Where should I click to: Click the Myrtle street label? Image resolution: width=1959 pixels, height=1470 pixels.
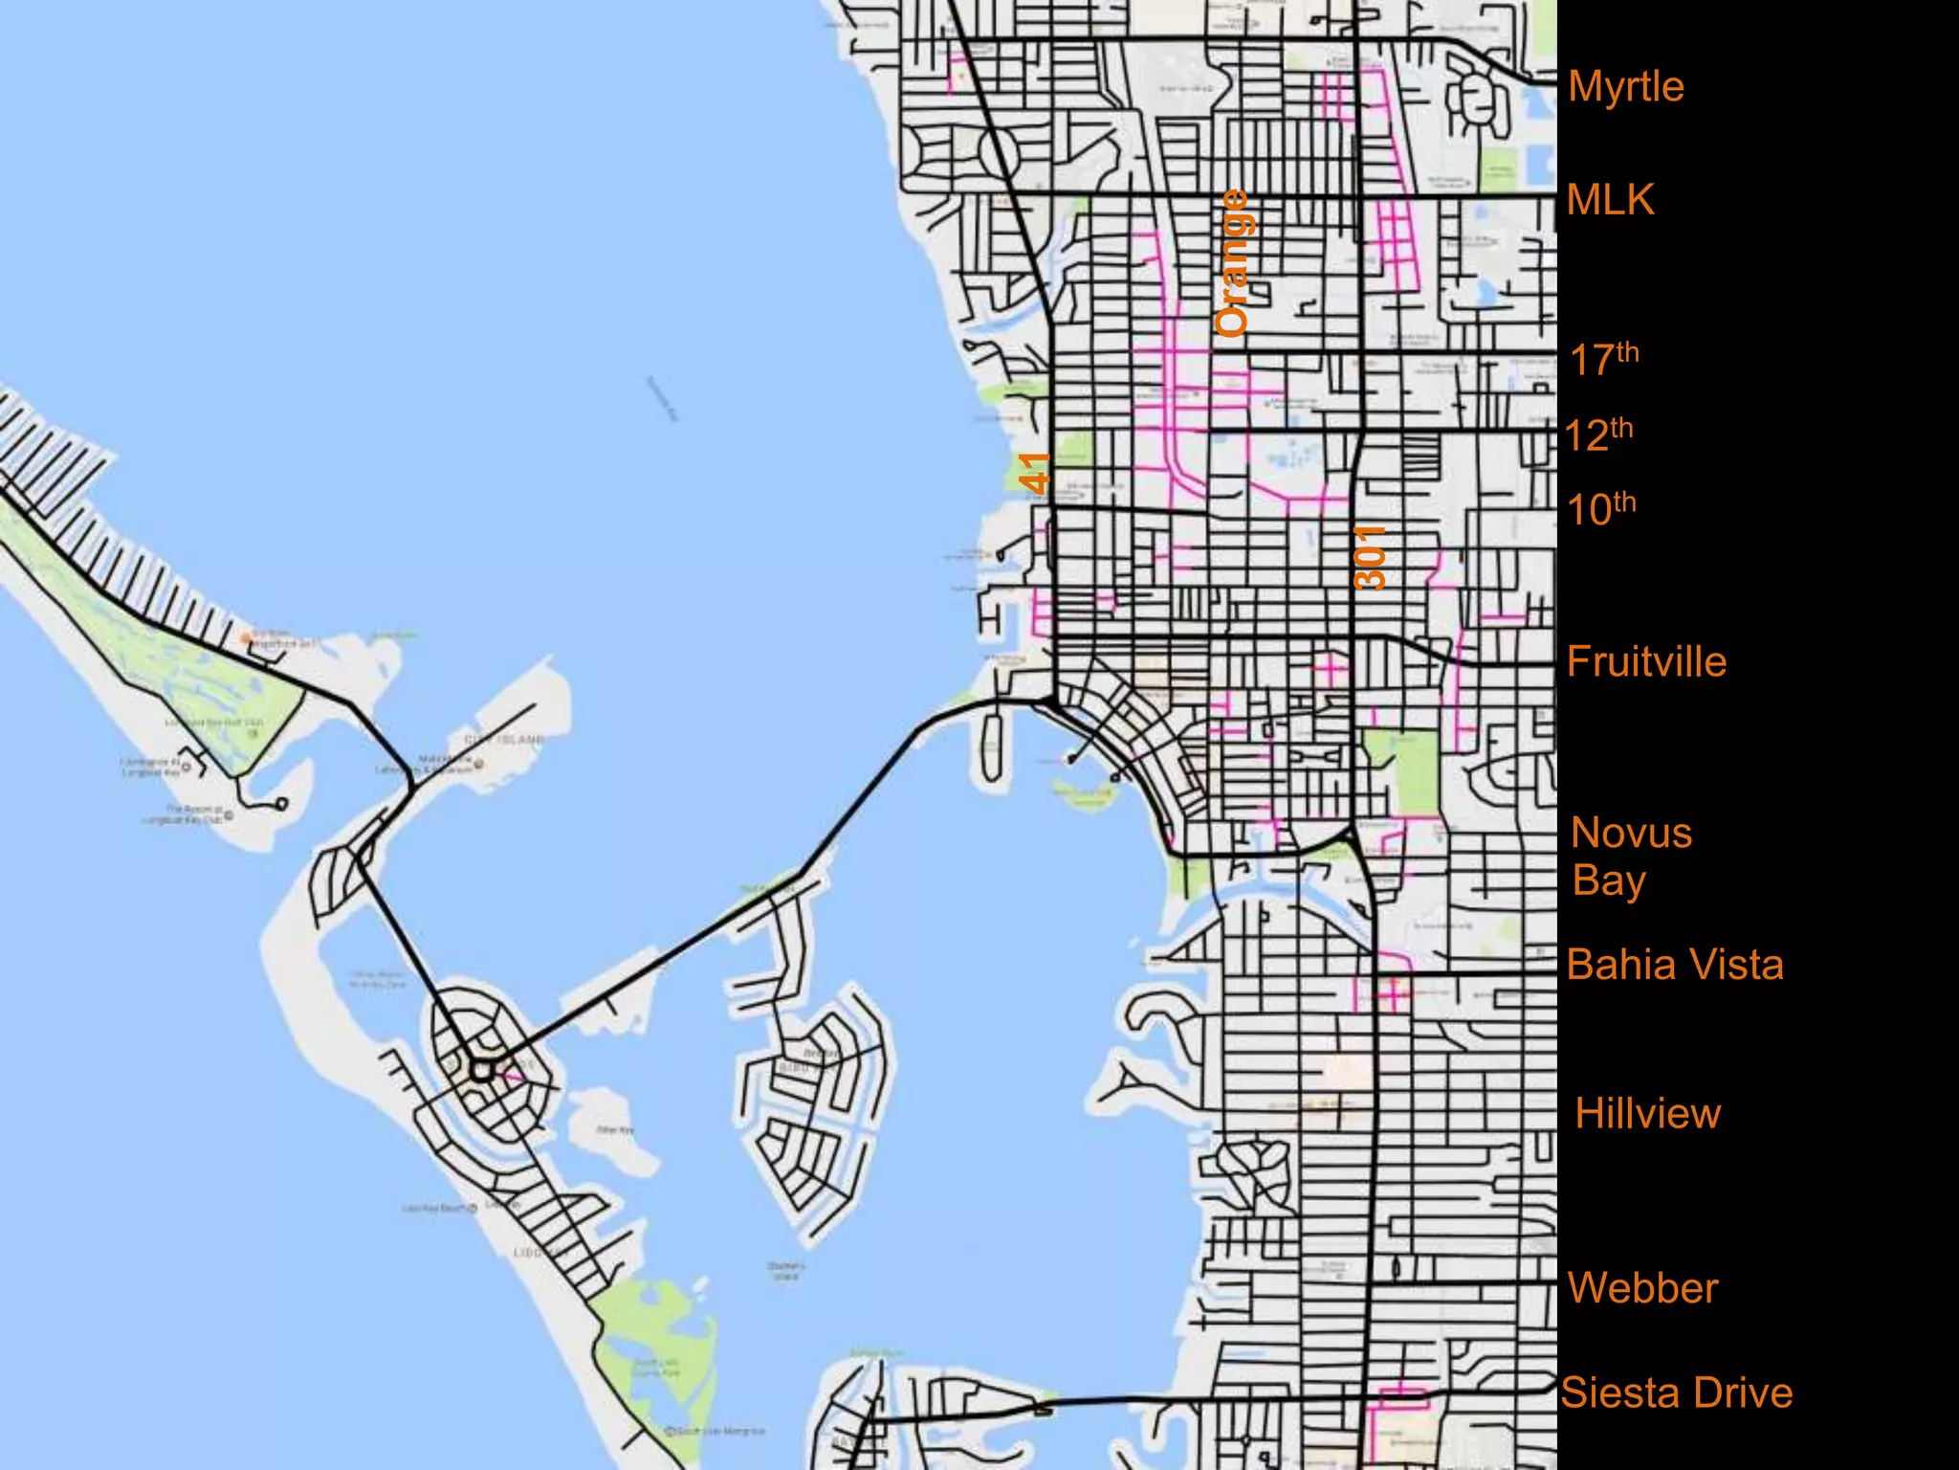1626,87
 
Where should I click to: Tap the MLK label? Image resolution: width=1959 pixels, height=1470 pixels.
1611,200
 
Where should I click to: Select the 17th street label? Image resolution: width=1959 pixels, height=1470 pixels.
1604,359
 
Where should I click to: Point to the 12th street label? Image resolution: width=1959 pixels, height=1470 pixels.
1599,434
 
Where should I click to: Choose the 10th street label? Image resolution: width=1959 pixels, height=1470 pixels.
1601,508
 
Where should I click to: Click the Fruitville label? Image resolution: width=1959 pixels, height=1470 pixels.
1646,662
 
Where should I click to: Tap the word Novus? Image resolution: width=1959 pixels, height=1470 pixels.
1632,833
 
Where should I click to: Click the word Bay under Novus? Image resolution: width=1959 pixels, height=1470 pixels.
1608,880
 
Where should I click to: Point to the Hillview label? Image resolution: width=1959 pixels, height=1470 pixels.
1647,1114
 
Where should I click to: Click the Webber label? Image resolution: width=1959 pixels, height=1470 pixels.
1643,1288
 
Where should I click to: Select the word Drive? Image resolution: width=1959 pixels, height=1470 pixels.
1746,1393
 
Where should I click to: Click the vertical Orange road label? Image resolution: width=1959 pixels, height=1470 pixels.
1232,262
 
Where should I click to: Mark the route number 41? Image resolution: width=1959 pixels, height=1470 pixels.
1035,473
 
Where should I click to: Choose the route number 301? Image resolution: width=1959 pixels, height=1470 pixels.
1370,558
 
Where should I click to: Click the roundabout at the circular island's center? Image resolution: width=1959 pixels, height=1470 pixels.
481,1069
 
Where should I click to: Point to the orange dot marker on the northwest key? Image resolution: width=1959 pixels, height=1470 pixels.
246,637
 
